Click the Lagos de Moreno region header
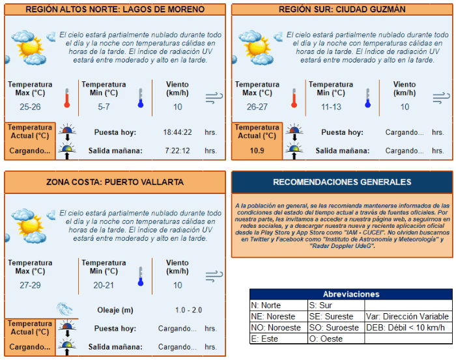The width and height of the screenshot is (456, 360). [x=115, y=10]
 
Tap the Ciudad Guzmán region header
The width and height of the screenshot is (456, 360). [x=341, y=10]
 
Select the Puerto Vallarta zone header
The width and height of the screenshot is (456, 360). [x=115, y=182]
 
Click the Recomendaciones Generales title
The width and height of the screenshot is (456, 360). [x=341, y=182]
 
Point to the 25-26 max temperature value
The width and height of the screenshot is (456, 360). [x=30, y=107]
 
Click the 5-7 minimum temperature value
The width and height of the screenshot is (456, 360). [x=104, y=107]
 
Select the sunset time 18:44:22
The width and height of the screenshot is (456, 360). [x=177, y=133]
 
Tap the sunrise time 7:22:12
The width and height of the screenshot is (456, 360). [x=177, y=151]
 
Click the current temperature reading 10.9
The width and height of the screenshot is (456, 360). [x=257, y=151]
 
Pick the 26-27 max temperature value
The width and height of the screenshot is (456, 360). [x=257, y=107]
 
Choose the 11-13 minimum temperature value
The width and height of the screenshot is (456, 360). [x=330, y=107]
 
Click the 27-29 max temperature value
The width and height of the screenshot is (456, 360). [x=30, y=285]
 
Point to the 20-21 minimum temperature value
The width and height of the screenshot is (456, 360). [x=104, y=285]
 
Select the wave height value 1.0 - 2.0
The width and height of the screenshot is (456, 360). [x=189, y=310]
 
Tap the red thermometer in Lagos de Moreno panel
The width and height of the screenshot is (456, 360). [x=66, y=98]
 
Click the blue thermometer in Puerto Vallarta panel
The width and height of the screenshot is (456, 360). [x=140, y=277]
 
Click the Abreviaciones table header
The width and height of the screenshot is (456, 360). [x=350, y=294]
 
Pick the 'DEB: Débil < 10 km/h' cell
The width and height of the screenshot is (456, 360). [x=408, y=327]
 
